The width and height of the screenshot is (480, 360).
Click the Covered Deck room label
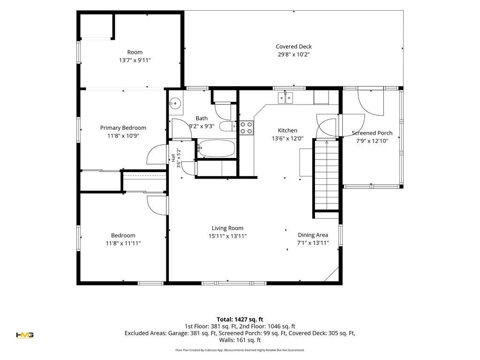tap(293, 46)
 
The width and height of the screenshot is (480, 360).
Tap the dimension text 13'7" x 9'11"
tap(135, 60)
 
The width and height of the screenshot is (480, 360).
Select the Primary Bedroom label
tap(123, 128)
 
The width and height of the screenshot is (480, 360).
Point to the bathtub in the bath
tap(216, 149)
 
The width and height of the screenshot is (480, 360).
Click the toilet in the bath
tap(228, 126)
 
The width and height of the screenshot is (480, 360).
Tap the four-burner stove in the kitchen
tap(247, 128)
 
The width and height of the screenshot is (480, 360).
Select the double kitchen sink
tap(285, 97)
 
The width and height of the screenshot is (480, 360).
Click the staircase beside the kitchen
tap(327, 175)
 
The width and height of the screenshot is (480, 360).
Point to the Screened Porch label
tap(372, 133)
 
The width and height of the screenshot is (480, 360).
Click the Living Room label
tap(227, 228)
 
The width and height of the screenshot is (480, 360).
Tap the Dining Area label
tap(313, 235)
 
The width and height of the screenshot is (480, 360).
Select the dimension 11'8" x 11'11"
tap(123, 243)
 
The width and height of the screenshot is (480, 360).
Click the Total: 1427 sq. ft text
tap(240, 319)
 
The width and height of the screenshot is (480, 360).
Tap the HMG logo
tap(25, 335)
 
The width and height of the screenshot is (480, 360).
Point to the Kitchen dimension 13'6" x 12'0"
tap(287, 138)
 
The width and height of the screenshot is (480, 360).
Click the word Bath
tap(202, 118)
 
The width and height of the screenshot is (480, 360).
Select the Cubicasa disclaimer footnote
tap(240, 350)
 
